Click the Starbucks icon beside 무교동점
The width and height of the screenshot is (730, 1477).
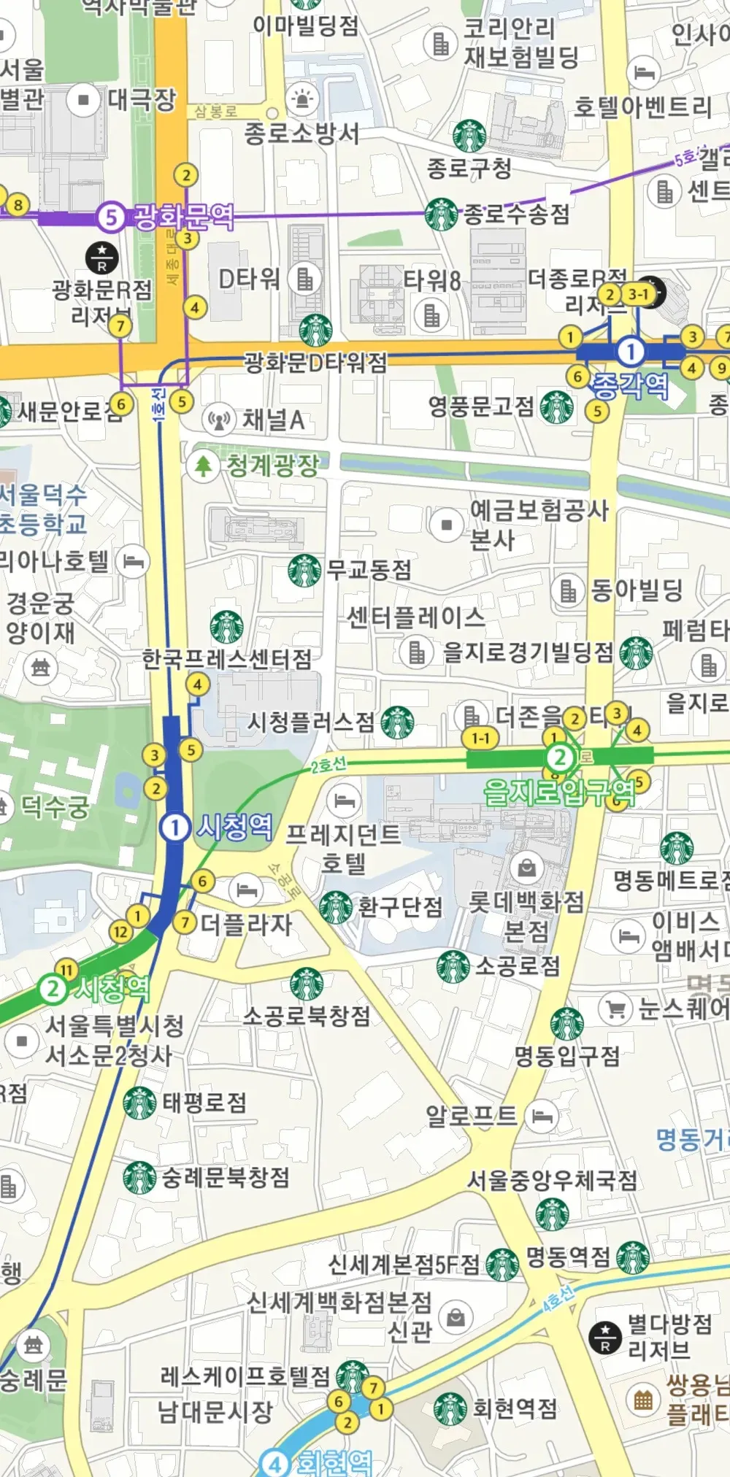tap(304, 571)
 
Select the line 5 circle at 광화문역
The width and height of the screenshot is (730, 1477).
tap(111, 216)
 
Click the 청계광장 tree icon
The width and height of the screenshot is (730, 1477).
tap(203, 465)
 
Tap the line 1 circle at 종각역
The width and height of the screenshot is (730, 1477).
tap(630, 352)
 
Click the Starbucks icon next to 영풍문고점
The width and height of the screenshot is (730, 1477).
tap(556, 407)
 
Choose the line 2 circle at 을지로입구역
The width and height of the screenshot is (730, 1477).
tap(560, 757)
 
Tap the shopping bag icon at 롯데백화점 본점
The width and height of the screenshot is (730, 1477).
tap(528, 868)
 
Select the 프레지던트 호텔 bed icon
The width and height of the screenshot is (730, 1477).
tap(344, 801)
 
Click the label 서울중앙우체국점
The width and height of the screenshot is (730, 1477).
tap(552, 1180)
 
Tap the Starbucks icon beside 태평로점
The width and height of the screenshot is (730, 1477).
tap(140, 1103)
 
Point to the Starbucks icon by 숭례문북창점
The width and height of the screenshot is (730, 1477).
tap(140, 1178)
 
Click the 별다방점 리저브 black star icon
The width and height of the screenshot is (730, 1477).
tap(605, 1335)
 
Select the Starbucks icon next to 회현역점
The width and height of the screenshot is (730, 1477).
tap(450, 1408)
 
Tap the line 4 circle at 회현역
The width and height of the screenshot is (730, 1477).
tap(274, 1462)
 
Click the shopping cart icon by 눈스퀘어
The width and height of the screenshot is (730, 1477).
tap(615, 1009)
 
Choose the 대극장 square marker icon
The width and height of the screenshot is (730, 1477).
tap(84, 99)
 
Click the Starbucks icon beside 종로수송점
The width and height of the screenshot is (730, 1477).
tap(442, 215)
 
